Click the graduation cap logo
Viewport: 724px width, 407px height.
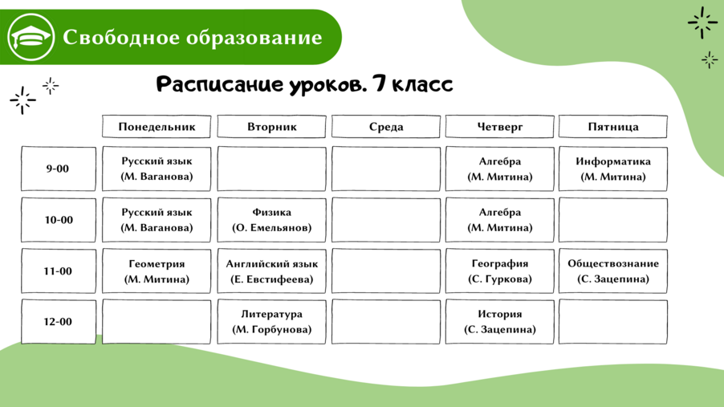pos(31,37)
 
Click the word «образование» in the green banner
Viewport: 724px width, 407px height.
pos(254,37)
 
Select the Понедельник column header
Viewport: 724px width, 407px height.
pos(157,127)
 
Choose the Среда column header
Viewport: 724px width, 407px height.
pos(386,127)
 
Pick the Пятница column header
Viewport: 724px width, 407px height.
pos(613,127)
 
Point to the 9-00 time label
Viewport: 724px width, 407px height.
pos(58,169)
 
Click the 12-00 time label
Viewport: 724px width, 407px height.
pos(58,322)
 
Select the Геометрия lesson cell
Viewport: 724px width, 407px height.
pos(157,271)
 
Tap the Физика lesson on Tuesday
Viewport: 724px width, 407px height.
pos(271,220)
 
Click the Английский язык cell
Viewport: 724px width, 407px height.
pos(271,271)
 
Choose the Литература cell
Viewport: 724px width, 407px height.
pos(271,322)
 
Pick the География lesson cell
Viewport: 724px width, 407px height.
pos(499,271)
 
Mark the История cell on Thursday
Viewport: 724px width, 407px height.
pos(499,322)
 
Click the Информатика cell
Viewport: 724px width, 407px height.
pos(613,169)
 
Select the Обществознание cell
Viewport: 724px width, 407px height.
pos(613,271)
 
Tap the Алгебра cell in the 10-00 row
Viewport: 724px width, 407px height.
pos(499,220)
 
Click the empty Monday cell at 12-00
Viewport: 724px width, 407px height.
pos(157,322)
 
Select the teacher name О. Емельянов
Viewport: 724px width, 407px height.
pos(271,228)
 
